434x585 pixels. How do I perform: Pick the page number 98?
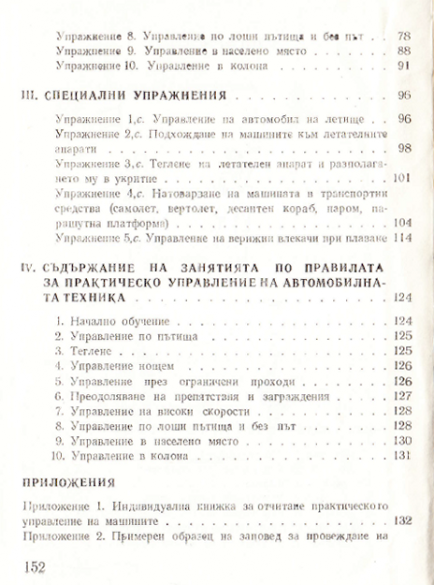tap(405, 148)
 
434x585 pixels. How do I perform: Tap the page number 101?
tap(403, 178)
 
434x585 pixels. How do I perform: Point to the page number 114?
tap(403, 238)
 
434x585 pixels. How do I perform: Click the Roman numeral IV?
tap(29, 268)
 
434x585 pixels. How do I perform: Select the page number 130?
tap(403, 440)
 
